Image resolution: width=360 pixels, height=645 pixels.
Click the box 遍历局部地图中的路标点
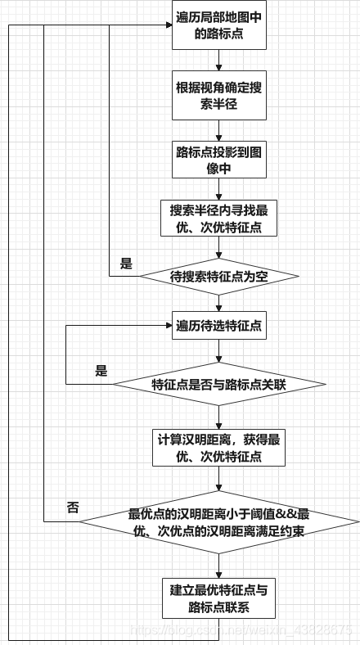(x=218, y=26)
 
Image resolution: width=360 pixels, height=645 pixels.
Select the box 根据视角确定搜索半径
(x=218, y=97)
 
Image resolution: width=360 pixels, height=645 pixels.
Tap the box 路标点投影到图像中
(x=218, y=159)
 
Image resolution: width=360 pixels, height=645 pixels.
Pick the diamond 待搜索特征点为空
(x=218, y=277)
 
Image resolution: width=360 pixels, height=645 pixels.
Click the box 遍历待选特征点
(x=218, y=326)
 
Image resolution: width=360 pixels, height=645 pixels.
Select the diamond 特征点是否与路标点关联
(x=218, y=384)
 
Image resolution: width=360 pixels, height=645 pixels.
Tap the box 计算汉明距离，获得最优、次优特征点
(x=218, y=447)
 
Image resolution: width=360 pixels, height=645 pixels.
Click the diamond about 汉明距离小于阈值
(x=218, y=522)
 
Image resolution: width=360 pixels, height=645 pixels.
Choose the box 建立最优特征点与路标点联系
(x=218, y=598)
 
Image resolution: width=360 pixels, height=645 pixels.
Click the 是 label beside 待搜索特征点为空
(x=125, y=264)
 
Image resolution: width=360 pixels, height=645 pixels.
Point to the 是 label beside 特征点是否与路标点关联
(x=101, y=371)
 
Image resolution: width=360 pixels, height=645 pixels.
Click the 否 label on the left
(x=72, y=507)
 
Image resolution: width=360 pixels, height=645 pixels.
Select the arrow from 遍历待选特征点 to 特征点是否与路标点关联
(x=218, y=350)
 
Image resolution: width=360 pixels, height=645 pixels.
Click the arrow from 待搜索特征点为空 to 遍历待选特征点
(x=218, y=302)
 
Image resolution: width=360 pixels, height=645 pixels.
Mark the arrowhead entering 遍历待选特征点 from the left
(x=167, y=326)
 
